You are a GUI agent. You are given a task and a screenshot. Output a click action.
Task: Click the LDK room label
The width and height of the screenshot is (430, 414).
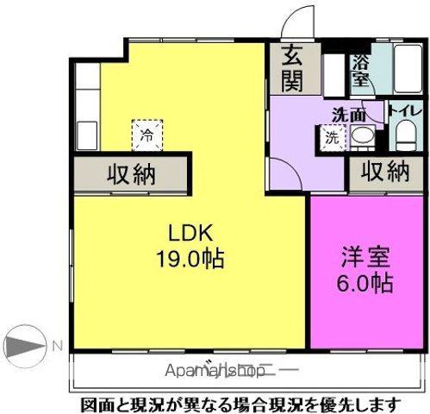tap(191, 233)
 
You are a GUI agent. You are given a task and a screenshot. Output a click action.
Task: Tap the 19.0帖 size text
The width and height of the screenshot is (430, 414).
tap(190, 257)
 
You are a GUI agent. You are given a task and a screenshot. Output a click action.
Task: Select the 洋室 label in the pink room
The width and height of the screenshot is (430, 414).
tap(366, 256)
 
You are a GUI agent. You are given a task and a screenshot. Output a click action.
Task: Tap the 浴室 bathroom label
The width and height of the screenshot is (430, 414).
tap(359, 69)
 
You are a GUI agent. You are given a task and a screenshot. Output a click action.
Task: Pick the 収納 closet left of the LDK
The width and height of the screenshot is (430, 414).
tap(131, 174)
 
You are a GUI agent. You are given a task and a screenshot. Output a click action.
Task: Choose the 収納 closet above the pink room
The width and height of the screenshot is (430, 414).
tap(383, 172)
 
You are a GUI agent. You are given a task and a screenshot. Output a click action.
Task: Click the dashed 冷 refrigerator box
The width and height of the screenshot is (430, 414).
tap(146, 135)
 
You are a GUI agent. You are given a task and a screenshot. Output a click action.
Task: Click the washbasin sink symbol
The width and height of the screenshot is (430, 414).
tap(361, 136)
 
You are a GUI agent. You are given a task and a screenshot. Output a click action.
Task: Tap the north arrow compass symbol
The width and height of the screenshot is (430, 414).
tap(26, 347)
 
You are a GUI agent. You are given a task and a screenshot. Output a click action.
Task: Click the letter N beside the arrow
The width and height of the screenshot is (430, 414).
tap(57, 347)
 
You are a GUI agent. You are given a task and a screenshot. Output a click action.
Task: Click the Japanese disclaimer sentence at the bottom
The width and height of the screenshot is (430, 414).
tap(241, 403)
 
